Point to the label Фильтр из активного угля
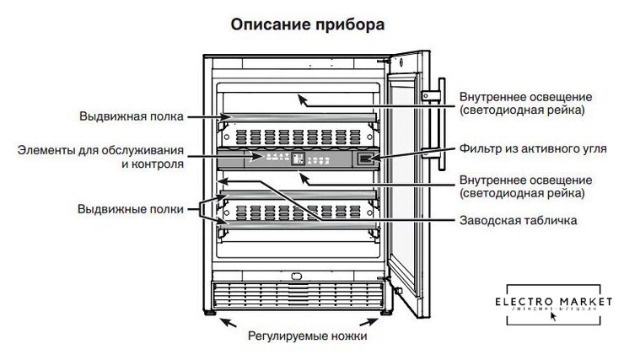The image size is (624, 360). (533, 149)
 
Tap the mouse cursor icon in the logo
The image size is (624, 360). (554, 318)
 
